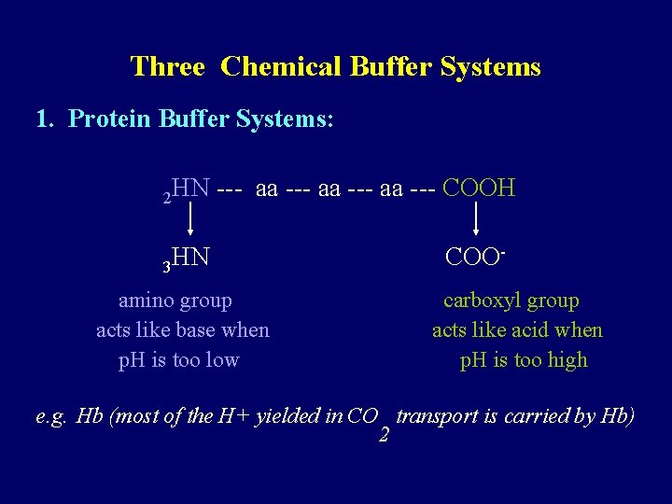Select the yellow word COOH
click(x=479, y=189)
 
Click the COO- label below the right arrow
click(x=476, y=257)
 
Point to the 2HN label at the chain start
click(x=186, y=190)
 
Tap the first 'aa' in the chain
click(x=267, y=189)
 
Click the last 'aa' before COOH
click(x=392, y=189)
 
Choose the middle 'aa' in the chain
click(x=329, y=189)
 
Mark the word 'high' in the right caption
click(x=567, y=360)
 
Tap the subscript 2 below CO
click(x=384, y=435)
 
